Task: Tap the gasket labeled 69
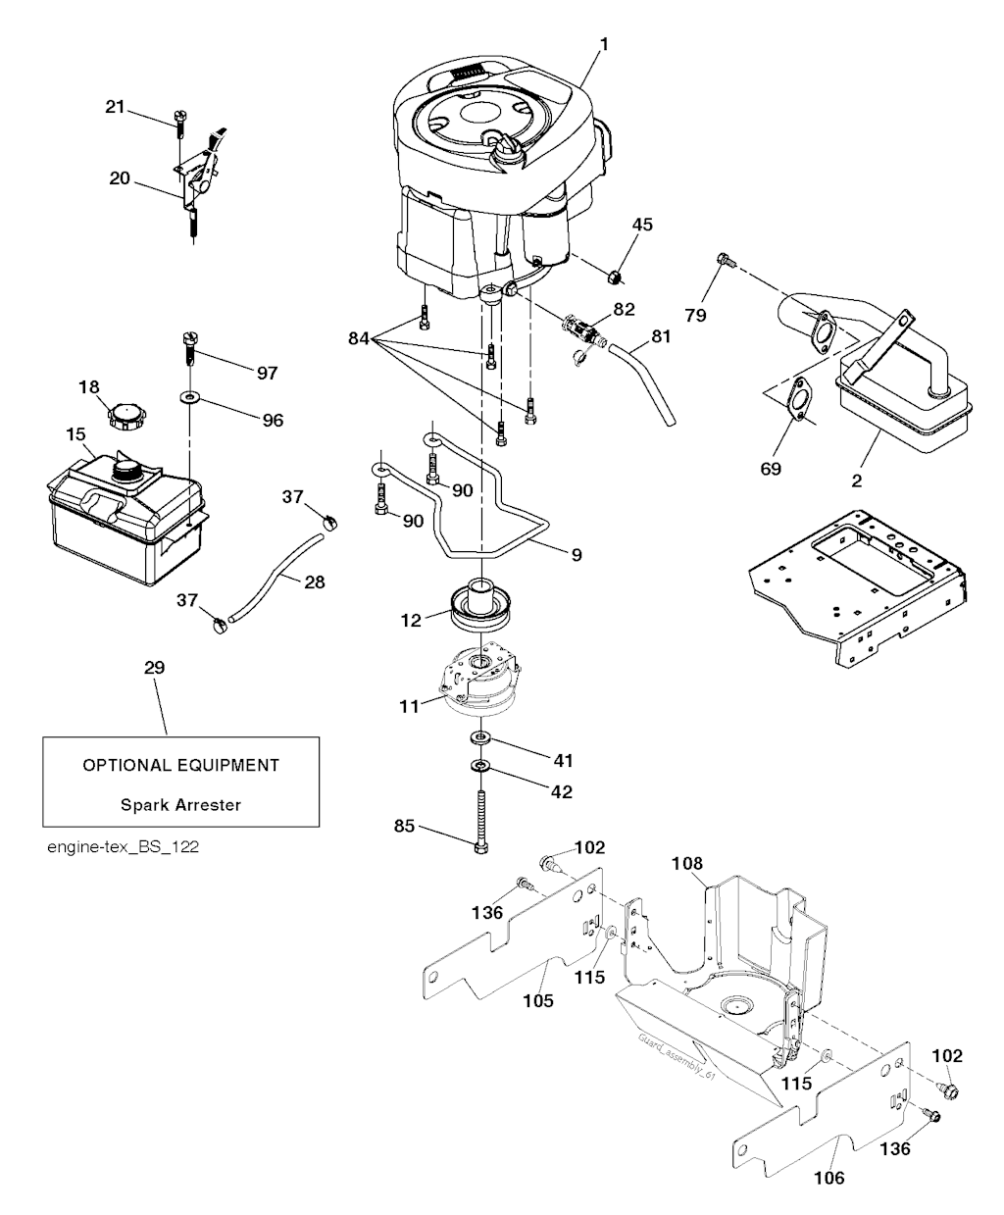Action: click(x=803, y=401)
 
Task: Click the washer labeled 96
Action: click(x=186, y=399)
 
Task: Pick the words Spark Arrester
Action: click(x=180, y=805)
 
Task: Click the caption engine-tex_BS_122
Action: click(x=123, y=846)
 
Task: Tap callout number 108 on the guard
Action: click(x=687, y=864)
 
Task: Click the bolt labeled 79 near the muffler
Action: click(x=725, y=261)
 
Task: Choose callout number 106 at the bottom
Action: click(x=829, y=1177)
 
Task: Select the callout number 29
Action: click(x=154, y=668)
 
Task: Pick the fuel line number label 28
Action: click(x=314, y=582)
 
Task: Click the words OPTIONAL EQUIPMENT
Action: click(x=180, y=765)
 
